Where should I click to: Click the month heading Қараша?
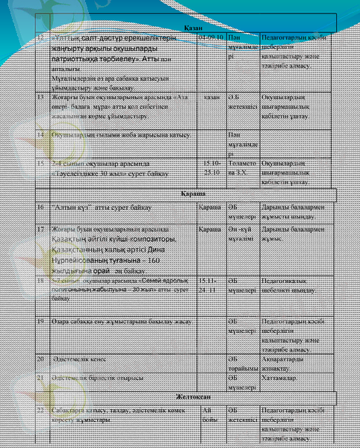click(x=184, y=193)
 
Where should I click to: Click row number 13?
click(x=42, y=97)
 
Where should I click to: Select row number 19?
click(x=42, y=320)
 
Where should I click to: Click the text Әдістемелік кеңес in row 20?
click(x=78, y=359)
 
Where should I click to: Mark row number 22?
click(x=42, y=411)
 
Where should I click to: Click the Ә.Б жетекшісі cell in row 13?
click(x=241, y=101)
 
